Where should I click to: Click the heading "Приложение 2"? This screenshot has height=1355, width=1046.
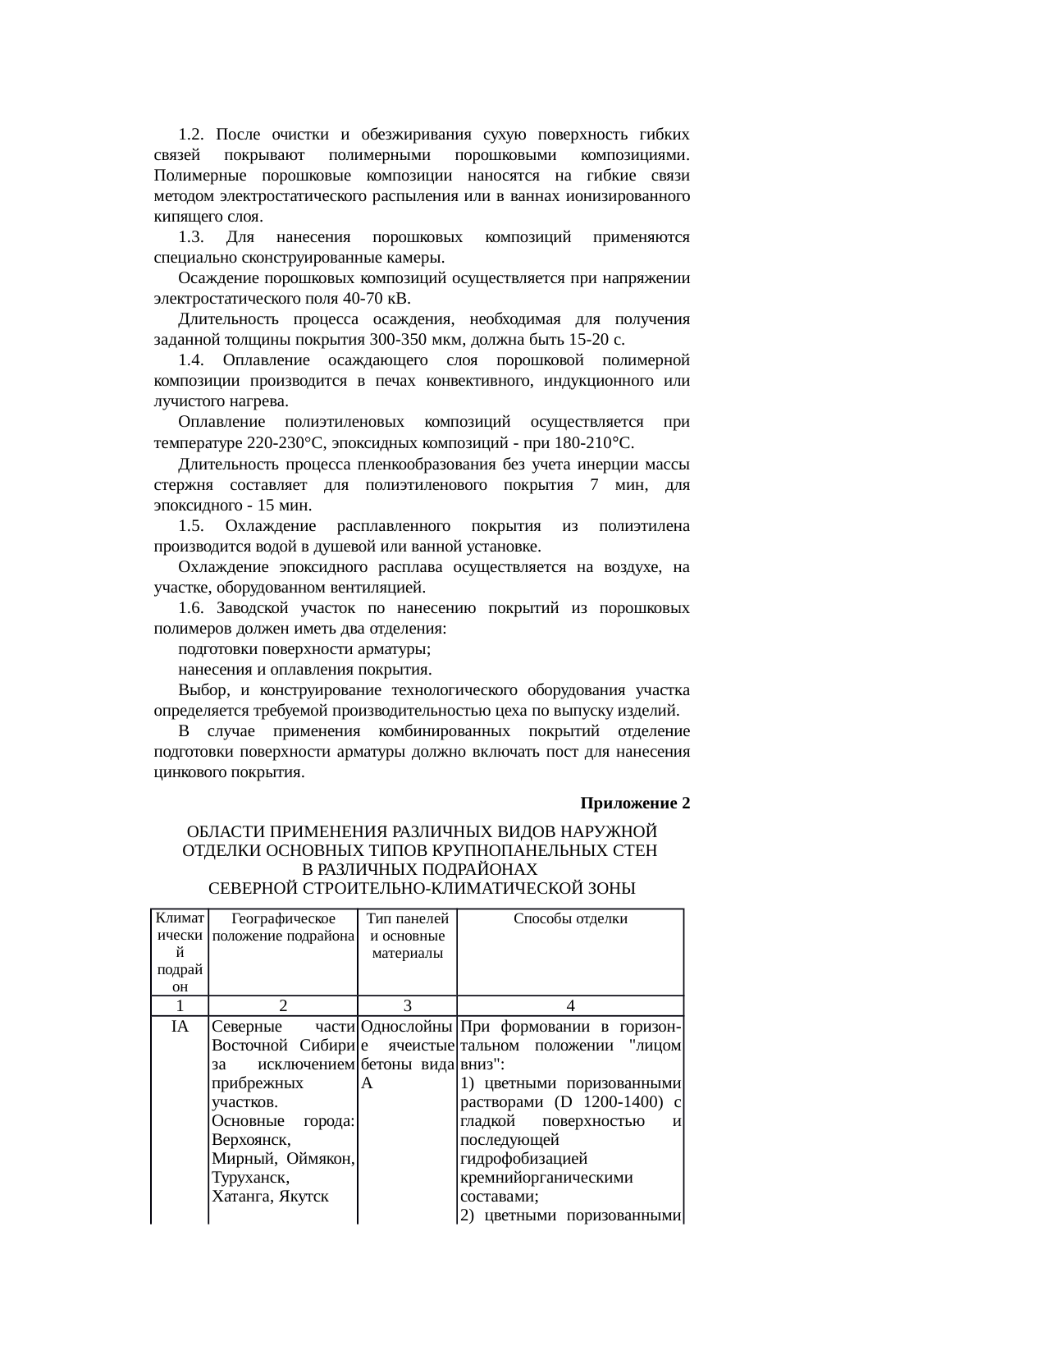pyautogui.click(x=635, y=802)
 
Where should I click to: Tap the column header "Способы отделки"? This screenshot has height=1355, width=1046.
pyautogui.click(x=570, y=918)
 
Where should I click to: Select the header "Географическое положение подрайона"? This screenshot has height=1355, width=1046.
pyautogui.click(x=283, y=927)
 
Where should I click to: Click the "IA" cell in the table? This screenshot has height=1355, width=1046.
pyautogui.click(x=180, y=1026)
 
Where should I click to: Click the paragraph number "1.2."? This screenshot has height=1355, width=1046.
pyautogui.click(x=190, y=134)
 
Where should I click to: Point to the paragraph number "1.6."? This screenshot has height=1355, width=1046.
pyautogui.click(x=190, y=608)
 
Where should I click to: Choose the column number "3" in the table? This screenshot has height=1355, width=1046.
pyautogui.click(x=407, y=1005)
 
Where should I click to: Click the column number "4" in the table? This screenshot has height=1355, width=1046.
pyautogui.click(x=570, y=1005)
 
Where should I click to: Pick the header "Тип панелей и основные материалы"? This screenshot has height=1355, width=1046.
pyautogui.click(x=407, y=936)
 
